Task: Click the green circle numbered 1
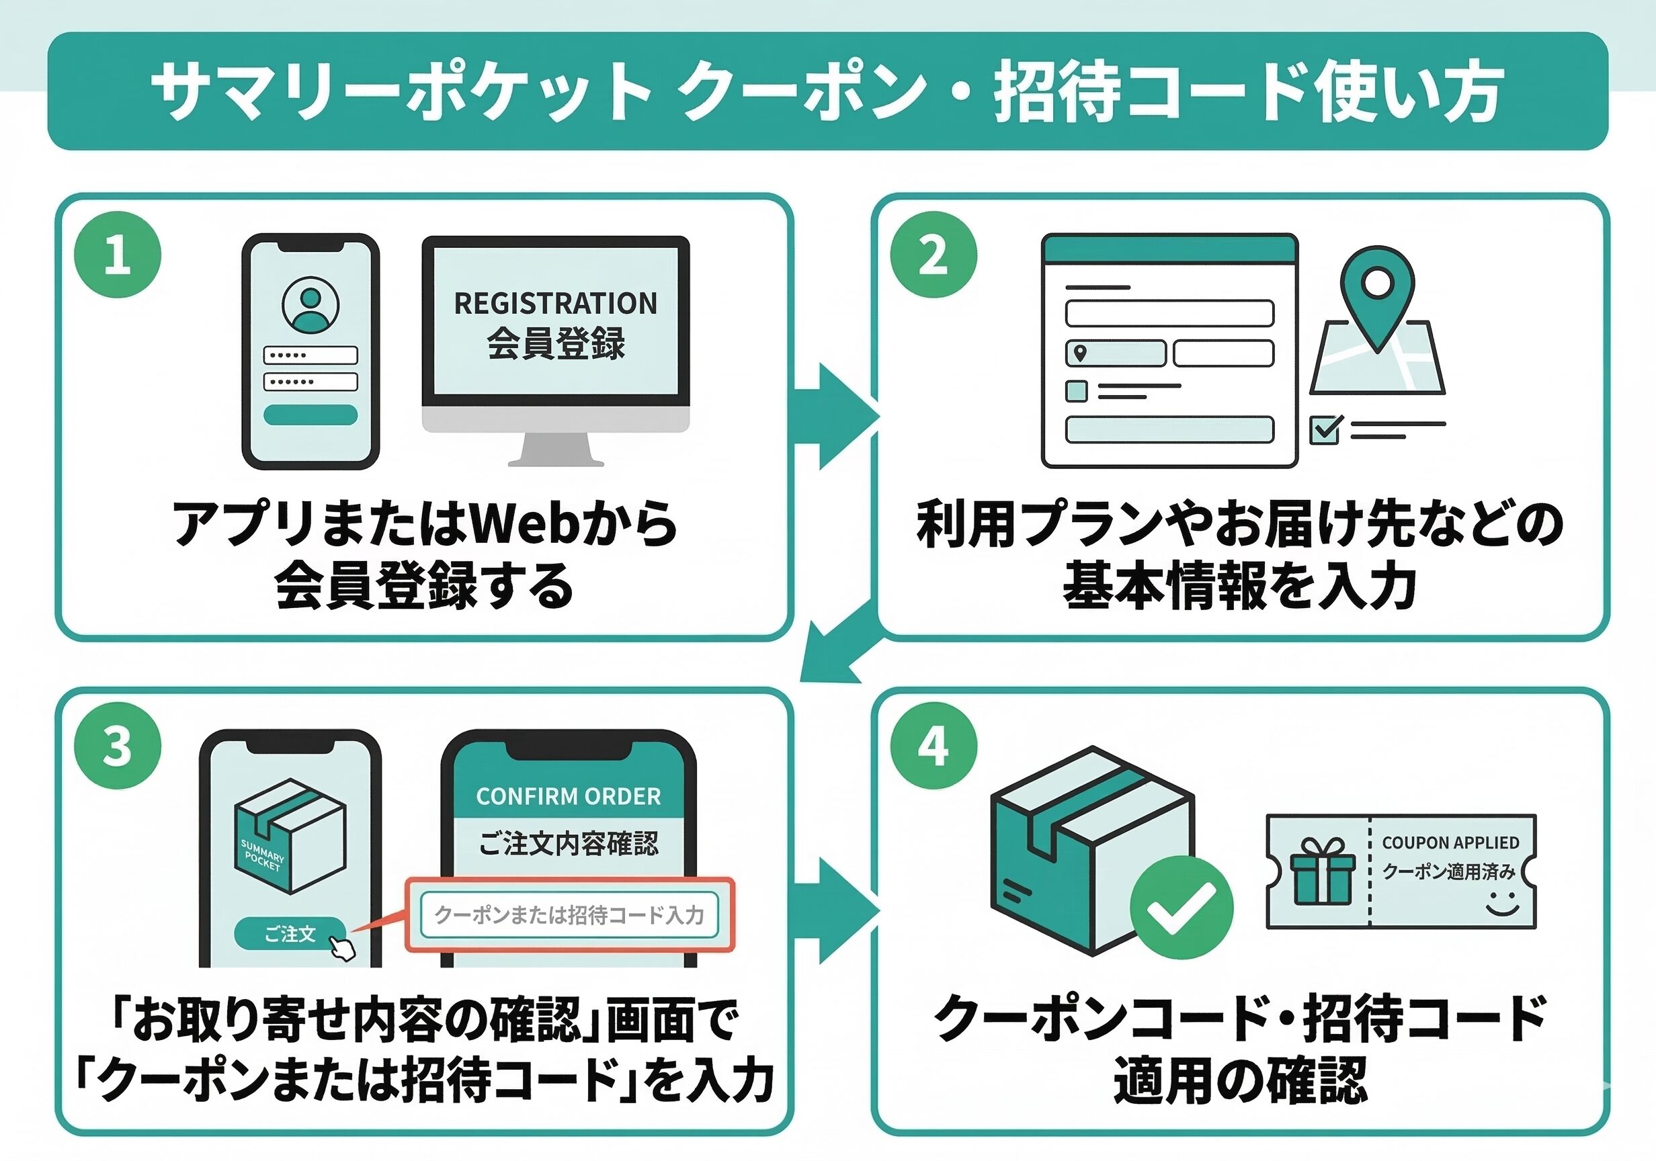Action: coord(118,255)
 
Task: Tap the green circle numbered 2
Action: coord(934,255)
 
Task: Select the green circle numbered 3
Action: coord(118,746)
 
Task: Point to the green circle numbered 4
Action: coord(934,746)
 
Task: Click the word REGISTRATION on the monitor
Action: coord(555,304)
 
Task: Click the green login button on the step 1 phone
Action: coord(310,415)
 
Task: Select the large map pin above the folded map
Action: coord(1377,296)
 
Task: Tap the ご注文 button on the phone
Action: coord(290,935)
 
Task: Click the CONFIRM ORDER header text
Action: coord(569,796)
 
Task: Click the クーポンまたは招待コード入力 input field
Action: coord(569,915)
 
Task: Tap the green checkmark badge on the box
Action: coord(1182,907)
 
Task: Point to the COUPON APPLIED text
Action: coord(1450,843)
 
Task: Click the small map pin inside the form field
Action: coord(1080,353)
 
